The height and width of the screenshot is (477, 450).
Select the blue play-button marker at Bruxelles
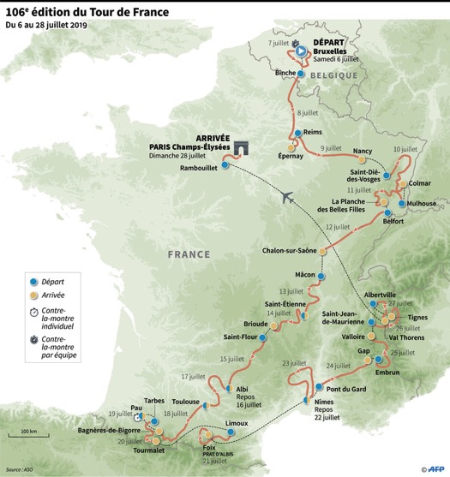point(301,51)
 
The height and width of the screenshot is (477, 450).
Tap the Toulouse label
point(185,402)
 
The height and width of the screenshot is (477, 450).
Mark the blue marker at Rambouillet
point(225,165)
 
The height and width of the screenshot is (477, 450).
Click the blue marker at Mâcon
point(321,277)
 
